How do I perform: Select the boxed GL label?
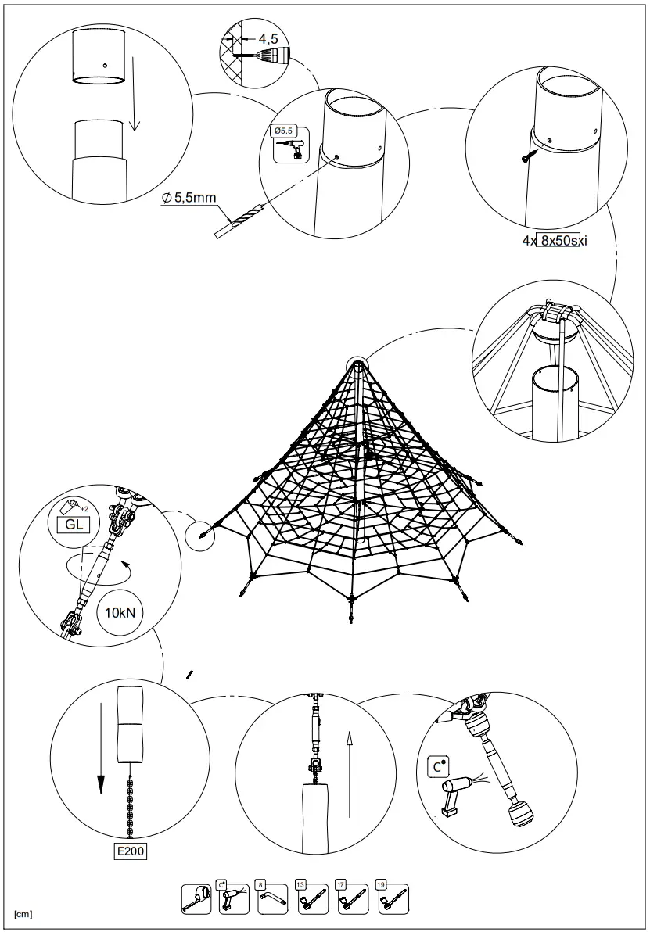click(x=74, y=524)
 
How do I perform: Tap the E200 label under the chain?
click(x=129, y=851)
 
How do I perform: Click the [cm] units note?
click(x=22, y=913)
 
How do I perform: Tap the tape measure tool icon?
click(x=196, y=898)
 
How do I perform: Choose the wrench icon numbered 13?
click(x=311, y=898)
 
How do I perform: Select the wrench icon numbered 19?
click(x=390, y=898)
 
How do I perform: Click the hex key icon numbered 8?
click(x=273, y=898)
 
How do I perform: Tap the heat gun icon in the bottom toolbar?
click(x=234, y=898)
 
